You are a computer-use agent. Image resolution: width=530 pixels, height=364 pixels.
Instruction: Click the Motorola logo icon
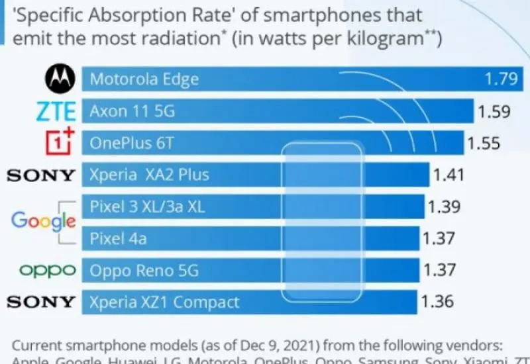[60, 79]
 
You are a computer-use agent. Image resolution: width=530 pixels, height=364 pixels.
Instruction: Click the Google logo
[43, 222]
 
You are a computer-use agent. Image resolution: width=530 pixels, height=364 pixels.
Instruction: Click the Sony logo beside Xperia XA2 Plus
[41, 175]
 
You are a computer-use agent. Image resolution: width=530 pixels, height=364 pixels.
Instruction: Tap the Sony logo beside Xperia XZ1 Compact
[41, 302]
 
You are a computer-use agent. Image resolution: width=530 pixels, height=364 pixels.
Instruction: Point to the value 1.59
[494, 111]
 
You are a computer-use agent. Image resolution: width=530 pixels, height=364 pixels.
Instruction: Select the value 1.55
[484, 143]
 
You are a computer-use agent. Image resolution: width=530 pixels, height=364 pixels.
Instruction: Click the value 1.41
[448, 175]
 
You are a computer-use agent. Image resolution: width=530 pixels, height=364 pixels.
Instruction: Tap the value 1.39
[444, 207]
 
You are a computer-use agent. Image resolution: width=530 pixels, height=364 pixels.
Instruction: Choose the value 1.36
[437, 302]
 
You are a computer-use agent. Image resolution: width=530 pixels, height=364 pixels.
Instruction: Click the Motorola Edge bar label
[144, 79]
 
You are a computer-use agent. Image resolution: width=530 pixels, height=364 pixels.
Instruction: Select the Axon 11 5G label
[132, 111]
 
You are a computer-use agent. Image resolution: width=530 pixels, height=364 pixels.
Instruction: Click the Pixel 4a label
[118, 239]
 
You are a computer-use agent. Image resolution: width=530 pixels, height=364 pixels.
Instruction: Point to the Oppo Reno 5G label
[144, 271]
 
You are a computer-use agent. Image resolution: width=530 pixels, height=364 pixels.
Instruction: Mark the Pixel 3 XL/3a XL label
[147, 207]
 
